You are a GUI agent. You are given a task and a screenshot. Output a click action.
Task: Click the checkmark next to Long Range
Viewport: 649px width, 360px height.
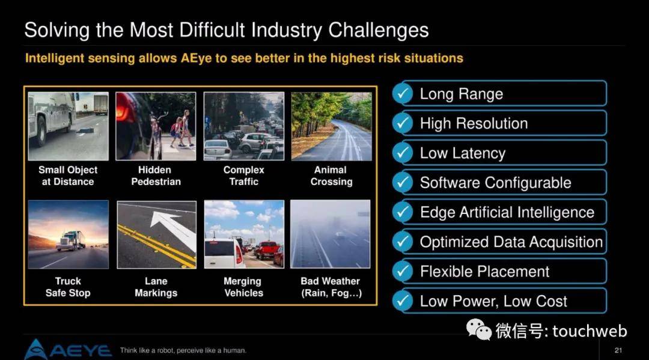(402, 94)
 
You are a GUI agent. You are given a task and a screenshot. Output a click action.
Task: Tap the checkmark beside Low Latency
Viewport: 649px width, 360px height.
(402, 153)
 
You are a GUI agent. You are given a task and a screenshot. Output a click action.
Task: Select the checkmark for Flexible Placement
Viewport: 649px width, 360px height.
(402, 272)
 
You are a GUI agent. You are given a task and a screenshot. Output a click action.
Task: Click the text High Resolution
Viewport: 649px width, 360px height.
(474, 123)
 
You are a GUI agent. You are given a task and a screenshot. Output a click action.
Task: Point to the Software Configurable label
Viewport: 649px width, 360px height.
(495, 183)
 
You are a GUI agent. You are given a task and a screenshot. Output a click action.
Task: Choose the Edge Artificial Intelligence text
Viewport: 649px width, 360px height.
(507, 212)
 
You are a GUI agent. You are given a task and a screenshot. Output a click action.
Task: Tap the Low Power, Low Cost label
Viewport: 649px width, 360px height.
(493, 301)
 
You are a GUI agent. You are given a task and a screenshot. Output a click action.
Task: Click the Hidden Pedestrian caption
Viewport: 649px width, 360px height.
(156, 176)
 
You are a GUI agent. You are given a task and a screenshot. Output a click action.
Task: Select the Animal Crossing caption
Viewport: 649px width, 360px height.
(331, 176)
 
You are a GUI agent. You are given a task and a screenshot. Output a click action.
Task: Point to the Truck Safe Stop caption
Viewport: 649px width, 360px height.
(68, 287)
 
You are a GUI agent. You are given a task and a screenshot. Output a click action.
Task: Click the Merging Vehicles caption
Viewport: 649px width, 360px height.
(243, 287)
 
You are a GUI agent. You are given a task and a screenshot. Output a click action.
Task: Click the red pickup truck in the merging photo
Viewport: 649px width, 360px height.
(267, 250)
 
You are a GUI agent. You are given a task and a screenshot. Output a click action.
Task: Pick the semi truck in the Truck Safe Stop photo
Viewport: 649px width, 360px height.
(71, 240)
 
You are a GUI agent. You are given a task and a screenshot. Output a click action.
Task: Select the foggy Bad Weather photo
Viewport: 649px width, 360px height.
(331, 234)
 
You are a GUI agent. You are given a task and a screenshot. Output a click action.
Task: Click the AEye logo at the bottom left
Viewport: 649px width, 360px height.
(68, 350)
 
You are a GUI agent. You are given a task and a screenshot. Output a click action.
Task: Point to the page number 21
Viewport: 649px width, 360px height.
(618, 350)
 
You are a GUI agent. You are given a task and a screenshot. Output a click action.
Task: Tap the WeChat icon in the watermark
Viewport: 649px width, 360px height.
(479, 329)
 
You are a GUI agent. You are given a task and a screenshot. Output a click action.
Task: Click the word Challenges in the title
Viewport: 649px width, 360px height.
(379, 30)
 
